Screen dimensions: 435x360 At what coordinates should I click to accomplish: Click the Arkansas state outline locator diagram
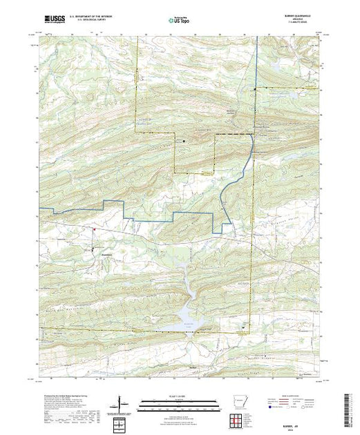(238, 403)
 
